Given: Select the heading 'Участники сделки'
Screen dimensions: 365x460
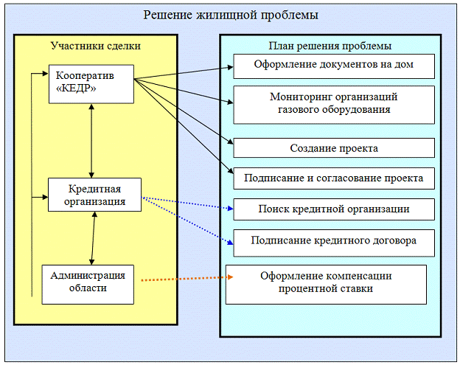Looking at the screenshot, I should click(x=95, y=46).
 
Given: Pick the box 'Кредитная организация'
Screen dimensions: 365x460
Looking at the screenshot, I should click(x=94, y=194).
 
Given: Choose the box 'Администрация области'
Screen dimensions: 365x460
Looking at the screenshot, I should click(x=88, y=282).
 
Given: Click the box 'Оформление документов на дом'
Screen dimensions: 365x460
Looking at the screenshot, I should click(x=334, y=65).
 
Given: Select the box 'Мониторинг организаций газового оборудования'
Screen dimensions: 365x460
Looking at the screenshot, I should click(x=334, y=103).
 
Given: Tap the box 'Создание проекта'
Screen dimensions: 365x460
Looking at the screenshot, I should click(x=334, y=148).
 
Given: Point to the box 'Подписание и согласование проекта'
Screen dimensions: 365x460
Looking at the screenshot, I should click(x=334, y=178).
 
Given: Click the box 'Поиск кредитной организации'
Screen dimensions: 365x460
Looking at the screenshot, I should click(x=334, y=209).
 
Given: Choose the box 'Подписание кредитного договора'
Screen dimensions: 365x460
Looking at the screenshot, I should click(x=334, y=240).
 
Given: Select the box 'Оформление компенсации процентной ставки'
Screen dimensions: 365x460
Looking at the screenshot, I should click(x=326, y=283).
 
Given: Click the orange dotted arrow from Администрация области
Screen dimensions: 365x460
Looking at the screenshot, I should click(x=184, y=279).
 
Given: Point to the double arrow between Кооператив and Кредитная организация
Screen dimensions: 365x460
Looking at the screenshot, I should click(x=91, y=140).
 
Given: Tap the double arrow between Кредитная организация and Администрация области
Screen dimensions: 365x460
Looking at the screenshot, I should click(x=93, y=238).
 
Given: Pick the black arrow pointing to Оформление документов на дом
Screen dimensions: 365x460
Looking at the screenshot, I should click(x=184, y=74).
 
